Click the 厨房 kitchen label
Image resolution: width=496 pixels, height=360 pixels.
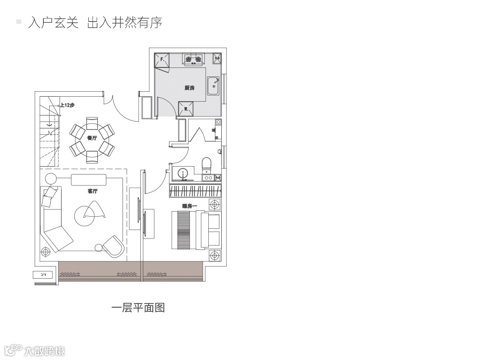(189, 88)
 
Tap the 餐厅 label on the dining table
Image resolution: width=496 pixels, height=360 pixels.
(91, 139)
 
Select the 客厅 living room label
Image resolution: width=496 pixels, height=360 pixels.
(92, 191)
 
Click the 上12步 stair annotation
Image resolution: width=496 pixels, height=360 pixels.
(67, 105)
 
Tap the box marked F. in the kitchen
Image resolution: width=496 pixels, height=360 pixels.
(162, 60)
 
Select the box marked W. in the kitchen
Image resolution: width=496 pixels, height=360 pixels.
(186, 109)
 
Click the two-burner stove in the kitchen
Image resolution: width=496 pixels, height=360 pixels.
(193, 60)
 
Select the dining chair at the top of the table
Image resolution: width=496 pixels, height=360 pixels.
(92, 122)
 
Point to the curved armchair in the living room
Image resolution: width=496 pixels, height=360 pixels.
(114, 245)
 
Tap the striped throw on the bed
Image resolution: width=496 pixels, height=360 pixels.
(184, 230)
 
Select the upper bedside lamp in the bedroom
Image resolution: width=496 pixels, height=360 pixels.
(215, 204)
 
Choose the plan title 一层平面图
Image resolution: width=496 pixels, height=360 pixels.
(138, 308)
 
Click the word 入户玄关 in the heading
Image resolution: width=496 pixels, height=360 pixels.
(54, 23)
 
